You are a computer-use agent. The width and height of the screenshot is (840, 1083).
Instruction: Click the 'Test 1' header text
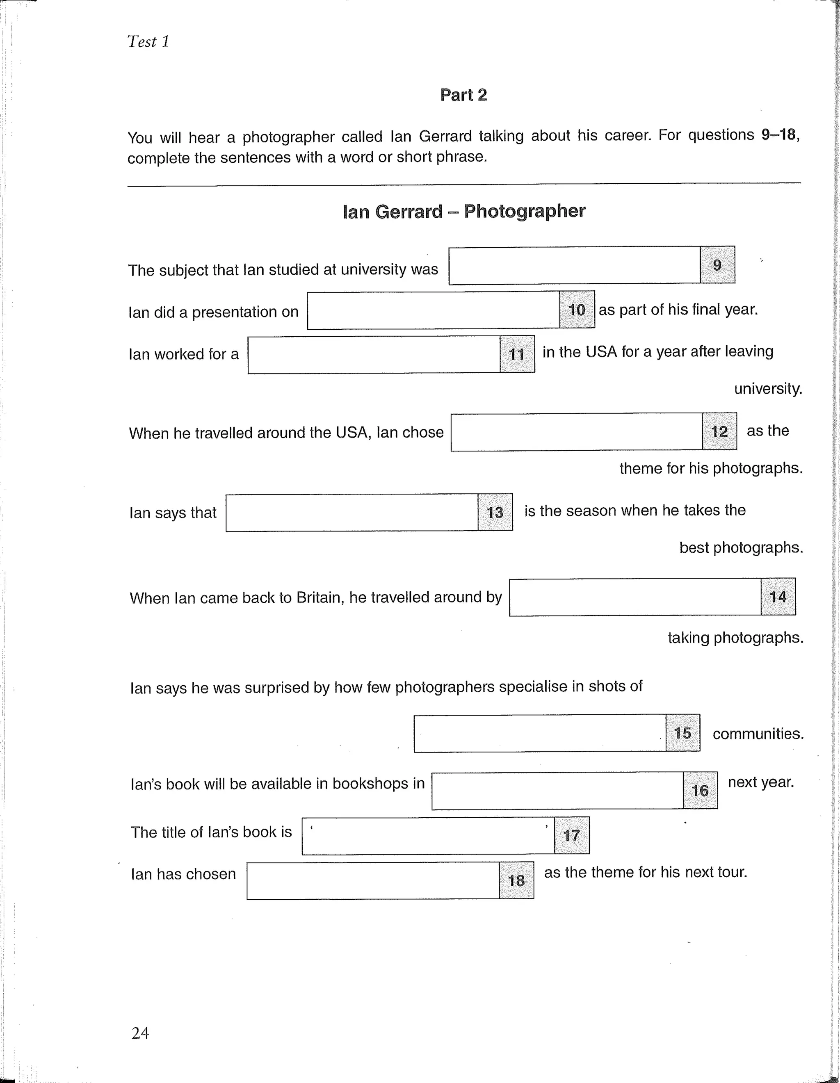(x=148, y=42)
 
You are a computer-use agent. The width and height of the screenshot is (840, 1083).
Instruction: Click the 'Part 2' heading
(x=463, y=95)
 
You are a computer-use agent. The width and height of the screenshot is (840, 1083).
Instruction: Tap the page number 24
(x=140, y=1033)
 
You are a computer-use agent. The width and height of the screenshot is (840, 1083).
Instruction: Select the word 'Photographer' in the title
(x=524, y=211)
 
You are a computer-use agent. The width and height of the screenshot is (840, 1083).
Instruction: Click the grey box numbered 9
(x=717, y=265)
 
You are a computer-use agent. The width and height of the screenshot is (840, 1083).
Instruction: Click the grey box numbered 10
(x=577, y=310)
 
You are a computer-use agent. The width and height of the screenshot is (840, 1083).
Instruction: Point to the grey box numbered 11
(x=517, y=354)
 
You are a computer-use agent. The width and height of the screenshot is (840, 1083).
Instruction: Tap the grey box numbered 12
(x=719, y=431)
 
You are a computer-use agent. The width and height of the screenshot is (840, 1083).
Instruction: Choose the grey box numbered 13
(x=495, y=512)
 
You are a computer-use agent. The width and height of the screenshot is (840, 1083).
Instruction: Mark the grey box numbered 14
(x=778, y=597)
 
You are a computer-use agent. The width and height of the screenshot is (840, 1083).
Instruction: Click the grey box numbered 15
(x=682, y=733)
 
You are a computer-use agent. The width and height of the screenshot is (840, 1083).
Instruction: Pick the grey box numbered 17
(x=571, y=836)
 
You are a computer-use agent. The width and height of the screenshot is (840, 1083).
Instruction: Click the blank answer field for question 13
(x=352, y=513)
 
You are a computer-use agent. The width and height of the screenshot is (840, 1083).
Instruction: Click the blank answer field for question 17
(x=427, y=837)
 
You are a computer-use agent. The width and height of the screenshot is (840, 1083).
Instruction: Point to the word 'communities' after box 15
(x=757, y=733)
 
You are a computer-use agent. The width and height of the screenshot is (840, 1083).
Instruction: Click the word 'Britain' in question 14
(x=320, y=597)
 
